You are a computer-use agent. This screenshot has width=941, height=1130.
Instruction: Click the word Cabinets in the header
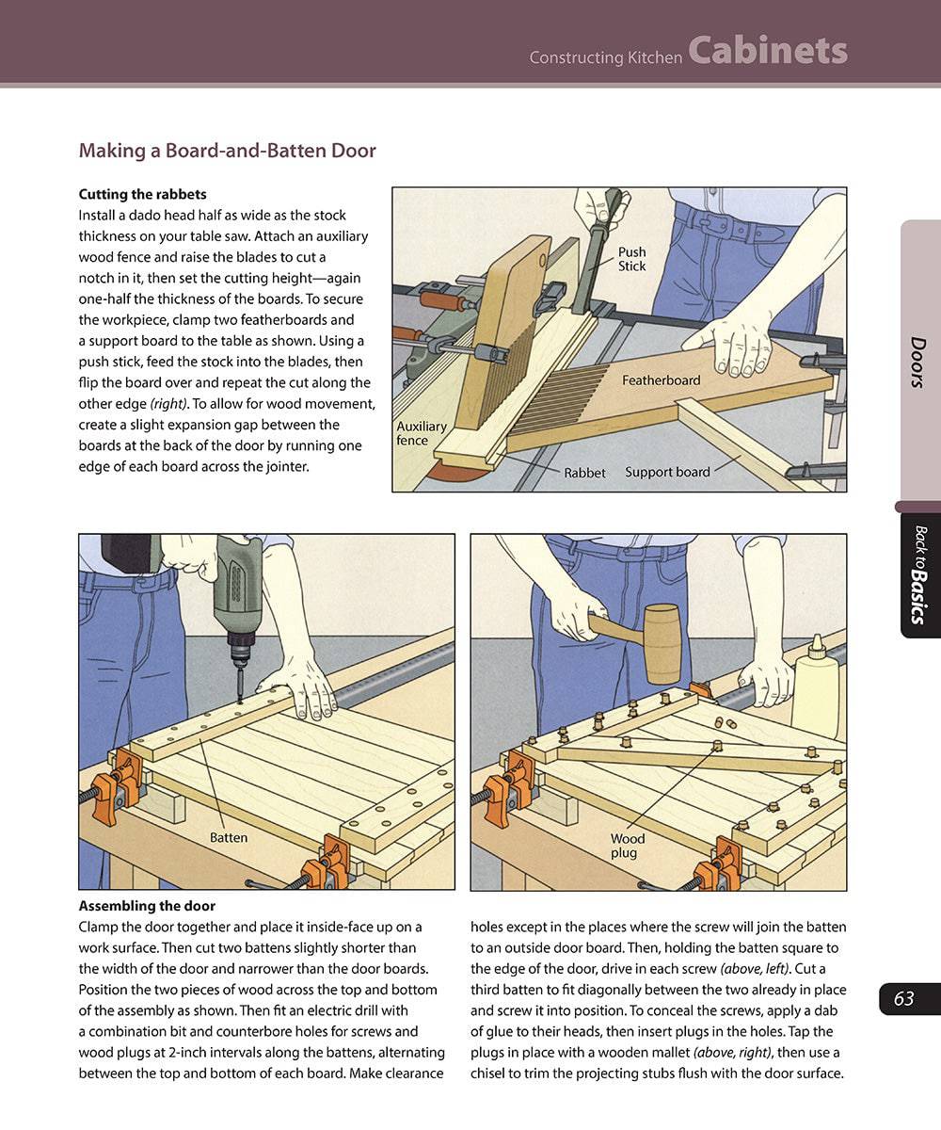coord(767,51)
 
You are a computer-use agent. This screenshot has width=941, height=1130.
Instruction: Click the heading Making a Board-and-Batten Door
coord(227,151)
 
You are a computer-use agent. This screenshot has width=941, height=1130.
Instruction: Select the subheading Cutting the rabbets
coord(142,195)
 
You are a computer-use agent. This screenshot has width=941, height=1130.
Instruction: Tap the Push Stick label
coord(631,259)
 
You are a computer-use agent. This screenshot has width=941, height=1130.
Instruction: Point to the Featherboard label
coord(661,380)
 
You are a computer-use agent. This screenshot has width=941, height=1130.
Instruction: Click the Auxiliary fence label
coord(421,433)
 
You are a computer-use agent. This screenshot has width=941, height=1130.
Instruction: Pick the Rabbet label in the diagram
coord(584,473)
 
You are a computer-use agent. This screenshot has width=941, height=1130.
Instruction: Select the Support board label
coord(667,472)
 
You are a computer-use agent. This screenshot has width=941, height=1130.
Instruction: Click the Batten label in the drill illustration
coord(228,836)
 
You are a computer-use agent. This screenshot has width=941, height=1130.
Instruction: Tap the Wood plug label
coord(627,846)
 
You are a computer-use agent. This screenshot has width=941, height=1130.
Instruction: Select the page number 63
coord(904,998)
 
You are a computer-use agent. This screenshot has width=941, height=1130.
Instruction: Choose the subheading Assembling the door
coord(147,907)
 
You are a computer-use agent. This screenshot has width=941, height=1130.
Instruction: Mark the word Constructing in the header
coord(573,57)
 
